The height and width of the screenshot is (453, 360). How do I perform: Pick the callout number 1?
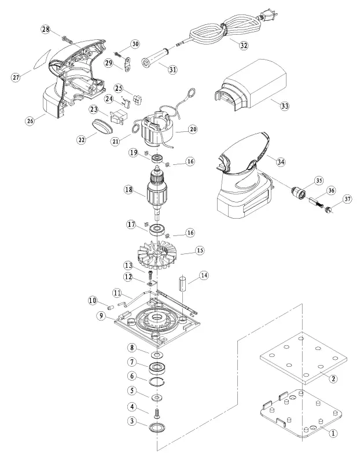[x=333, y=432]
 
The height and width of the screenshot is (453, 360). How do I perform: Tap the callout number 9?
[x=101, y=315]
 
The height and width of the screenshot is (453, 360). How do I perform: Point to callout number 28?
[x=46, y=29]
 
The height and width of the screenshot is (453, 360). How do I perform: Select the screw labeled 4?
[x=157, y=411]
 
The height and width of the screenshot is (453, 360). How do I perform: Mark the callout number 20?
[x=193, y=130]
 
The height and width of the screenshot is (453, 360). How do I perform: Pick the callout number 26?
[x=31, y=121]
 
